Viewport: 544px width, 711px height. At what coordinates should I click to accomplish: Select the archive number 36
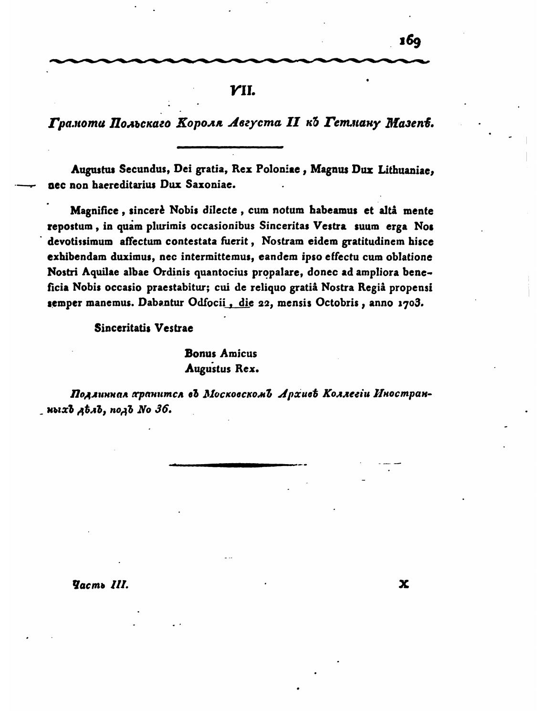(162, 410)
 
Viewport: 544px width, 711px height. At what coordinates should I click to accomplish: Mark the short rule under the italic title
(230, 147)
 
